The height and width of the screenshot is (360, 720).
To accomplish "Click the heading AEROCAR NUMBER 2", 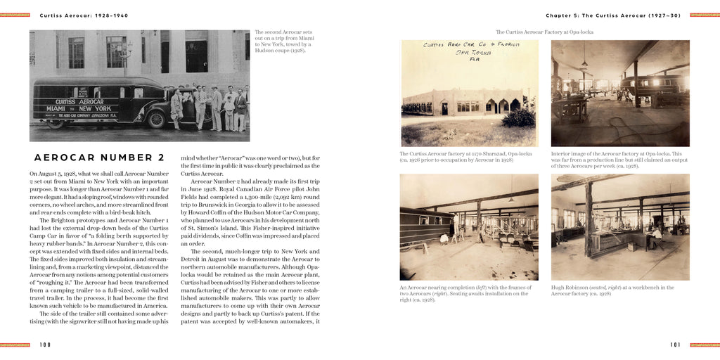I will coord(99,157).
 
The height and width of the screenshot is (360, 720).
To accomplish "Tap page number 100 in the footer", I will coord(45,345).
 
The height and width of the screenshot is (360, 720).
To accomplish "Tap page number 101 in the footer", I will coord(675,345).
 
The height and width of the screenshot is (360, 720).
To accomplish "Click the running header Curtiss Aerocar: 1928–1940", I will coord(84,15).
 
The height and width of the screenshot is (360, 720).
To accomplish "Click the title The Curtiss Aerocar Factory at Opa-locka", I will coord(544,32).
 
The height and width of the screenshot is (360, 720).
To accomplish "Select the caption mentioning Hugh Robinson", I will coord(612,290).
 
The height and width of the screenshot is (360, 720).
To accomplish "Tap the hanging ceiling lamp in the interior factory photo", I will coord(584,64).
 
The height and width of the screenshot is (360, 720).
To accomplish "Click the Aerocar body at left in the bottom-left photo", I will coord(425,225).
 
